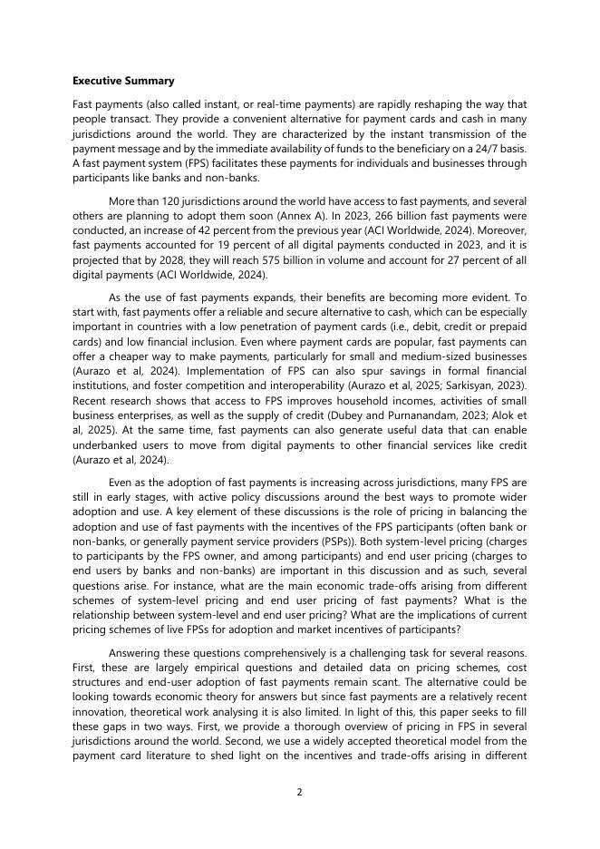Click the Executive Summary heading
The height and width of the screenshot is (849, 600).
pyautogui.click(x=123, y=81)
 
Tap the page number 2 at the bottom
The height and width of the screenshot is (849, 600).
pyautogui.click(x=299, y=792)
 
